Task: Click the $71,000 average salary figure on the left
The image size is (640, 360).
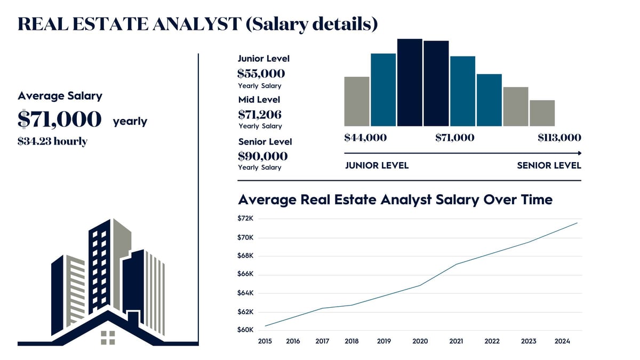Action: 59,119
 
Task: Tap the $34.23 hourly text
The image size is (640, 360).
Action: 52,141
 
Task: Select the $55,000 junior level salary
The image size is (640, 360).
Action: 261,74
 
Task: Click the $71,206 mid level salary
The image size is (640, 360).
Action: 260,114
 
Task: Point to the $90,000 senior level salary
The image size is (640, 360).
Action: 262,156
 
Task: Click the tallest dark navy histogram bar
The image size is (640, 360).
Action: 410,83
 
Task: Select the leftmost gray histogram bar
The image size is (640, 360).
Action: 357,101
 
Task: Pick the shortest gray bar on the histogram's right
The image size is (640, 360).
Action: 542,113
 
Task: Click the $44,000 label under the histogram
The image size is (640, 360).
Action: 365,138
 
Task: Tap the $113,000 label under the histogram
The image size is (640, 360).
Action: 559,138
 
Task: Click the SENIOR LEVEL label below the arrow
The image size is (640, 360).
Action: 549,165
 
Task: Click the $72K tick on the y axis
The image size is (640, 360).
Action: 246,219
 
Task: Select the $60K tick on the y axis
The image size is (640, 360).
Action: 246,330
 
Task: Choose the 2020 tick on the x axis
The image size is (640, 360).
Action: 420,341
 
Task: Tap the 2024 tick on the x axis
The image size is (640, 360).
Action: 562,341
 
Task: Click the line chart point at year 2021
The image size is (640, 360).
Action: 456,264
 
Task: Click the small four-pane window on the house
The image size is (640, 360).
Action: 108,337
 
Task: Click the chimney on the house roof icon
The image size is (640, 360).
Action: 133,318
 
